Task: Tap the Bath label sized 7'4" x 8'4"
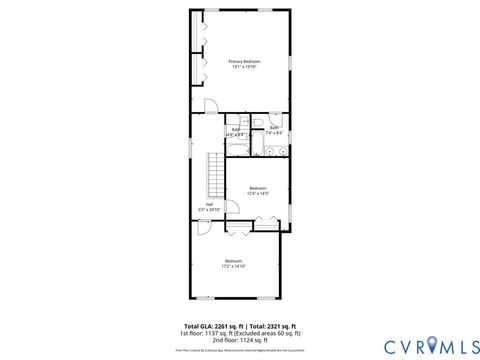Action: pyautogui.click(x=274, y=128)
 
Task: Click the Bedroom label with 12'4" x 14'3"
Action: pyautogui.click(x=258, y=188)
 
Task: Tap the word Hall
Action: pyautogui.click(x=209, y=205)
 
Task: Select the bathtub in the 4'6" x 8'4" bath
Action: pyautogui.click(x=236, y=149)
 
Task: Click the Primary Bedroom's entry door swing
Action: pyautogui.click(x=211, y=105)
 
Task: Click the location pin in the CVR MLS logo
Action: pyautogui.click(x=431, y=345)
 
